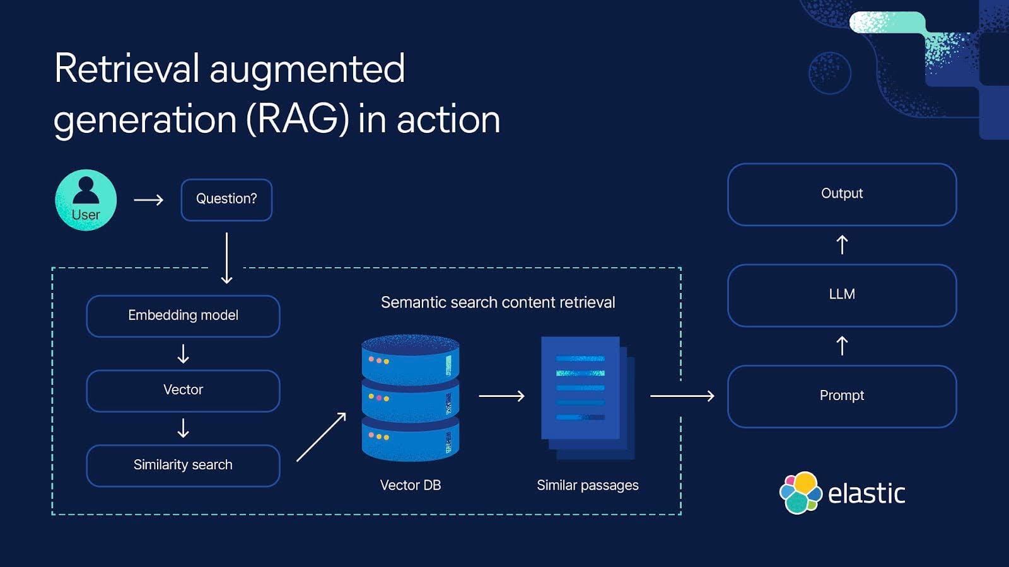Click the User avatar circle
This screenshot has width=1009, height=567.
pyautogui.click(x=86, y=200)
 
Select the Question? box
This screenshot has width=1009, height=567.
pyautogui.click(x=226, y=200)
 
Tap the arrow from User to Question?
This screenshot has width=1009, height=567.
pyautogui.click(x=149, y=200)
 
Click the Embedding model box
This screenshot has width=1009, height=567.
pyautogui.click(x=183, y=316)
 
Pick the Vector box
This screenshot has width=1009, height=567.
pyautogui.click(x=183, y=391)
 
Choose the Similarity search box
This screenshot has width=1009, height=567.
pyautogui.click(x=183, y=466)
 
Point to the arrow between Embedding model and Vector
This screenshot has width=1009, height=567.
pyautogui.click(x=183, y=353)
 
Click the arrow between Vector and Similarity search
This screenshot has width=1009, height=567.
pyautogui.click(x=183, y=428)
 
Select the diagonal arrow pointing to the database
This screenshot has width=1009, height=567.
pyautogui.click(x=322, y=437)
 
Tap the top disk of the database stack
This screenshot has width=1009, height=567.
pyautogui.click(x=411, y=359)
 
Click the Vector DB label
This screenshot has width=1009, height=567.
pyautogui.click(x=411, y=485)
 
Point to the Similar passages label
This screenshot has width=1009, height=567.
pyautogui.click(x=587, y=485)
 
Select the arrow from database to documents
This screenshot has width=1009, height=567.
pyautogui.click(x=501, y=396)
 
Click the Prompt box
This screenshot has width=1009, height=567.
pyautogui.click(x=842, y=396)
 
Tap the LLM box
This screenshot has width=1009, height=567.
pyautogui.click(x=842, y=295)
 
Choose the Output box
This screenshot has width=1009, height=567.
pyautogui.click(x=842, y=194)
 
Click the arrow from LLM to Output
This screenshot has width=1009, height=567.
pyautogui.click(x=842, y=244)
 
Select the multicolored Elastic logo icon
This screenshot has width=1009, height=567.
pyautogui.click(x=800, y=493)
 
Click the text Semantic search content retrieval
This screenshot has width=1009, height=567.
pyautogui.click(x=498, y=302)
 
